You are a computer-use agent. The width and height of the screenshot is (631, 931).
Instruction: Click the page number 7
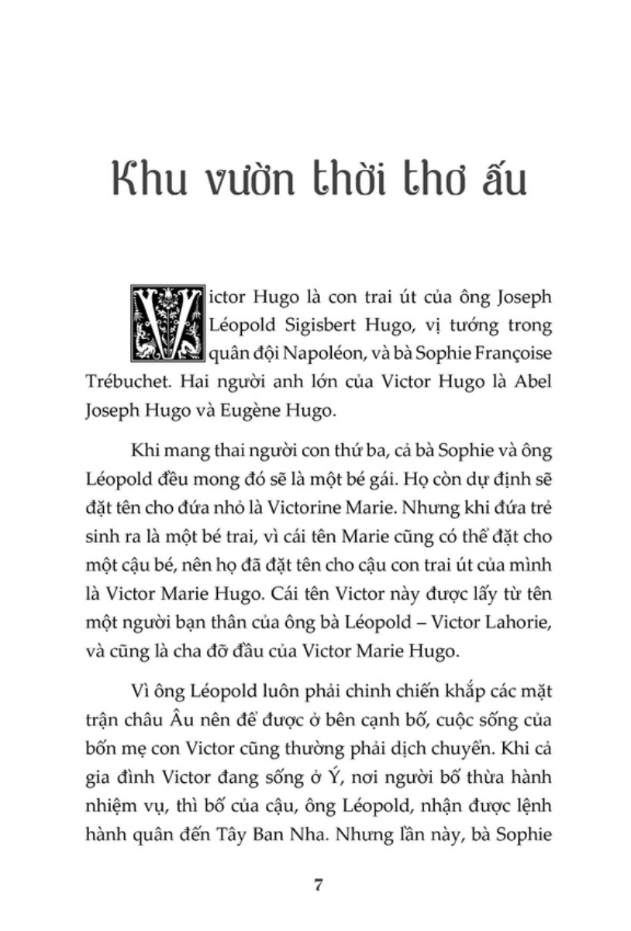[x=316, y=885]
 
